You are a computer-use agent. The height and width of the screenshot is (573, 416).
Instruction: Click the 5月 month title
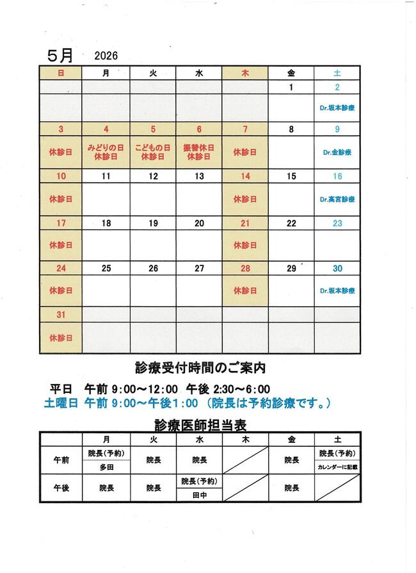[61, 55]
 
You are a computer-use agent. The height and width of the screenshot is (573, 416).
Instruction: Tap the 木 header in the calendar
[245, 73]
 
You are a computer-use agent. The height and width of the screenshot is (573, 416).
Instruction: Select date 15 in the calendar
[291, 176]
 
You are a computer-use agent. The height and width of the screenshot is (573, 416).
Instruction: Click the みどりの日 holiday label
[106, 148]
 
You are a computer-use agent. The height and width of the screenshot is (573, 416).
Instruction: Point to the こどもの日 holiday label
[153, 148]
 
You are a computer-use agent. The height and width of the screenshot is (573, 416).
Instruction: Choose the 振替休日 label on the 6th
[199, 148]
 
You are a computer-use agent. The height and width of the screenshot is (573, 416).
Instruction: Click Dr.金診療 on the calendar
[337, 153]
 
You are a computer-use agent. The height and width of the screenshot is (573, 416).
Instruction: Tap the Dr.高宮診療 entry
[337, 199]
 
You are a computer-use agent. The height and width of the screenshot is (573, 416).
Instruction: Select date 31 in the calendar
[61, 315]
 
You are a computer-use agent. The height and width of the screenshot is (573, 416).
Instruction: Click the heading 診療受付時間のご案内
[200, 368]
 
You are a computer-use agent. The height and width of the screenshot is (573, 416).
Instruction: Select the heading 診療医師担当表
[200, 424]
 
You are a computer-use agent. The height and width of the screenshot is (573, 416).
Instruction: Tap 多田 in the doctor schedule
[106, 467]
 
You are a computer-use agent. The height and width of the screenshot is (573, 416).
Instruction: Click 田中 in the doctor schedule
[199, 495]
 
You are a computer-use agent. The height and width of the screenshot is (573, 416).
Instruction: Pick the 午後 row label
[61, 488]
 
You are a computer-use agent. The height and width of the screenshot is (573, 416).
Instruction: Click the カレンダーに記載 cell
[337, 467]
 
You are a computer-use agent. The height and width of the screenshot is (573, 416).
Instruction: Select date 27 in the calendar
[199, 269]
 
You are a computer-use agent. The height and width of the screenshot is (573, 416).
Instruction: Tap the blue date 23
[337, 223]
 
